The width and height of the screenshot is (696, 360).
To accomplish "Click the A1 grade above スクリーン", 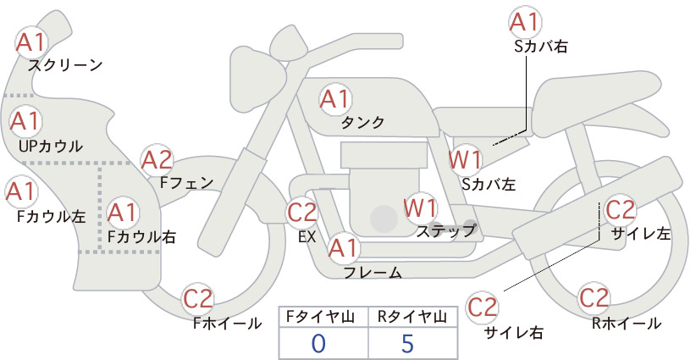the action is coord(31,42).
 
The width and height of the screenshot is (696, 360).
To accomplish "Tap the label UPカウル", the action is coord(51,147).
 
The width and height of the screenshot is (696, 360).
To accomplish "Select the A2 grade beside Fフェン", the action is coord(157,160).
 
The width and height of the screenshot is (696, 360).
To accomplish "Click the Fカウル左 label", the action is coord(52,216).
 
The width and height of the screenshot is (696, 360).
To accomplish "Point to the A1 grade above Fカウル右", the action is coord(122,213).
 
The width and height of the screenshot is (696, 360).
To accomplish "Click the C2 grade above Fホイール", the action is coord(198,299).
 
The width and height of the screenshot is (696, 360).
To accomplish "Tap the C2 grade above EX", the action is coord(301,212).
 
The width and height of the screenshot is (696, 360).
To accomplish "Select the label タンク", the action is coord(362,122).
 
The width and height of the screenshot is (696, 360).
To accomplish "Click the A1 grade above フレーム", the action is coord(343,248).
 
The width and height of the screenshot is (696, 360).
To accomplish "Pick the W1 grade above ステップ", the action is coord(419,208).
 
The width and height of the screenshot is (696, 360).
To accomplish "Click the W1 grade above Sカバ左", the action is coord(465,160).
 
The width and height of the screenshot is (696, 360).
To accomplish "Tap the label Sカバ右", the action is coord(541,47).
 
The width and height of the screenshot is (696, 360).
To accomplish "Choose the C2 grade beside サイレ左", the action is coord(621,210).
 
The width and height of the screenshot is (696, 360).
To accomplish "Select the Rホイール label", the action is coord(627,324).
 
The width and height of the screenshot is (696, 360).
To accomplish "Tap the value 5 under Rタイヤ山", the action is coord(407,343).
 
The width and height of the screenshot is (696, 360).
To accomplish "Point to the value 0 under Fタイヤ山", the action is coord(318,343).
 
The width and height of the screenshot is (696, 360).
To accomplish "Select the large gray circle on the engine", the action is coord(384,219).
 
